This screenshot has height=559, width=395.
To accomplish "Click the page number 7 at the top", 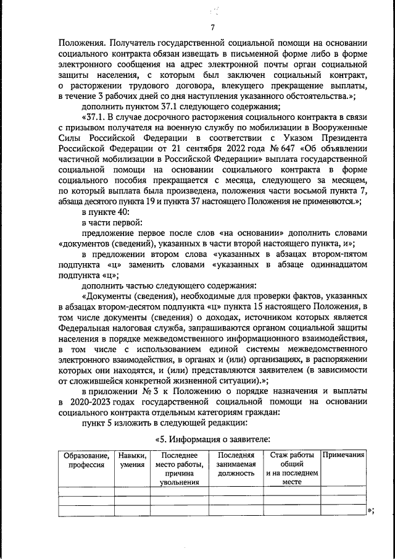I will tap(212, 28).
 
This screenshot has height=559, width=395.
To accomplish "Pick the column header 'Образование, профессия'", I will tap(86, 460).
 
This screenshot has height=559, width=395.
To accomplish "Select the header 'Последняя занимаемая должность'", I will tap(236, 464).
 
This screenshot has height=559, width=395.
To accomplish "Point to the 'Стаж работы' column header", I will tap(292, 455).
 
